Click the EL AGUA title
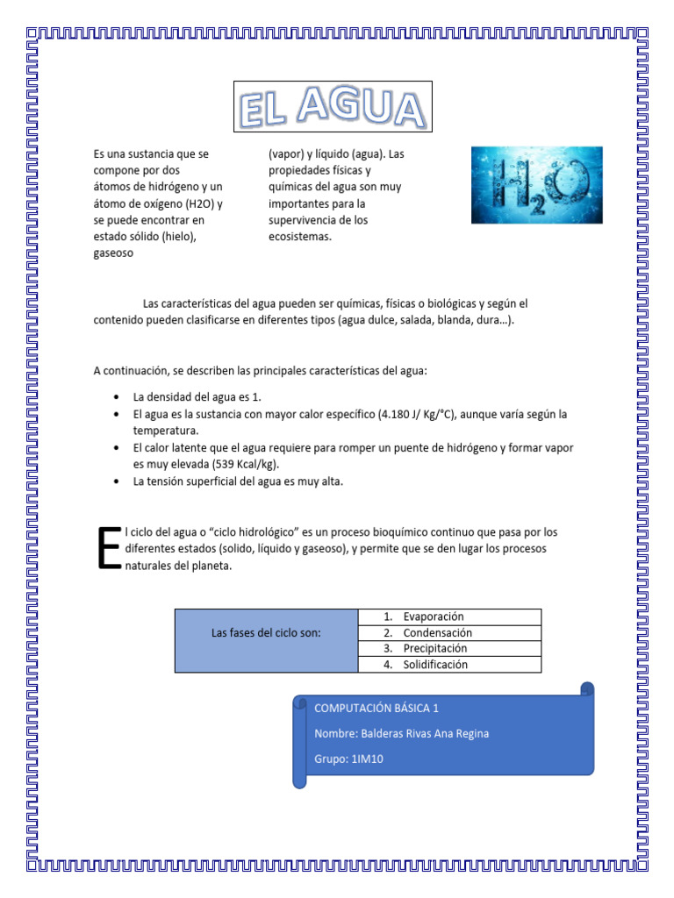[333, 107]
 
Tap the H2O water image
[537, 184]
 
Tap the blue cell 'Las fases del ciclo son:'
[266, 632]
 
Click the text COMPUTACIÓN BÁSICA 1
[376, 707]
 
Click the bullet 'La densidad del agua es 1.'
[197, 397]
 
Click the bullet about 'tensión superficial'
[238, 481]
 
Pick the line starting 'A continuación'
[260, 371]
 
